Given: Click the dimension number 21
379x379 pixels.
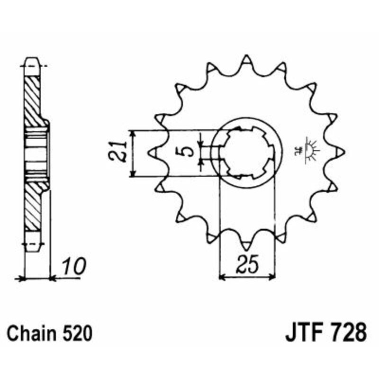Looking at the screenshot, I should (119, 152).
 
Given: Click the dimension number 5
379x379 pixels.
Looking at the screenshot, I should (188, 151).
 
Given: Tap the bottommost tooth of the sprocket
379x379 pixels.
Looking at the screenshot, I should (246, 244).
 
